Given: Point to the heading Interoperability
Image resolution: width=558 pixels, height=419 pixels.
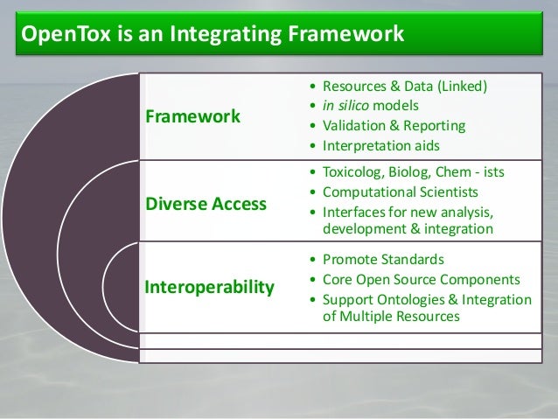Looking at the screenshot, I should (208, 287).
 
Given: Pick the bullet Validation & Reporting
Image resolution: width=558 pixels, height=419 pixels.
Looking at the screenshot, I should (394, 126).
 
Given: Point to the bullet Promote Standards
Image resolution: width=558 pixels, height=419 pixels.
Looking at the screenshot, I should (383, 260).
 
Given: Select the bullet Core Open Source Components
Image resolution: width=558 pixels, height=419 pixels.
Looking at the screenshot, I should (422, 280).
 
